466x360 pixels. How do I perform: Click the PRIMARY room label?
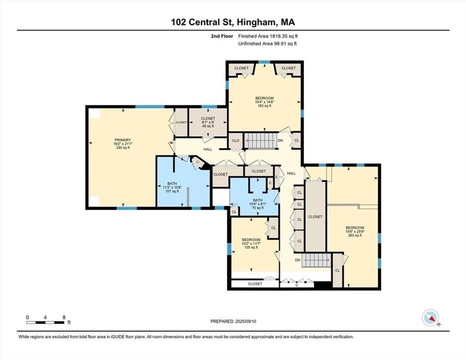123,140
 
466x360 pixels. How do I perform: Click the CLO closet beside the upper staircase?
236,141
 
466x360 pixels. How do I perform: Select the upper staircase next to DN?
260,141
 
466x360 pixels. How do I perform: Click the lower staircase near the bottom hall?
316,260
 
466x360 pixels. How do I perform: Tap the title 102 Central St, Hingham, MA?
233,22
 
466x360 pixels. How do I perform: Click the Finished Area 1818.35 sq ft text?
268,36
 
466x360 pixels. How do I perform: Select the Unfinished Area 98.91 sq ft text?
268,44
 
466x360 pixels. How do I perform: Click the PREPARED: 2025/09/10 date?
233,321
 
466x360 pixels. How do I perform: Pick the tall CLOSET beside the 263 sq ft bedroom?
315,217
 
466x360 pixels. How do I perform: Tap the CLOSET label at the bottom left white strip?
255,284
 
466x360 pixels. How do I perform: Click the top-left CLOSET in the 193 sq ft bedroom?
241,68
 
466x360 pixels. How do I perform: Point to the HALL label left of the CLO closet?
208,149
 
